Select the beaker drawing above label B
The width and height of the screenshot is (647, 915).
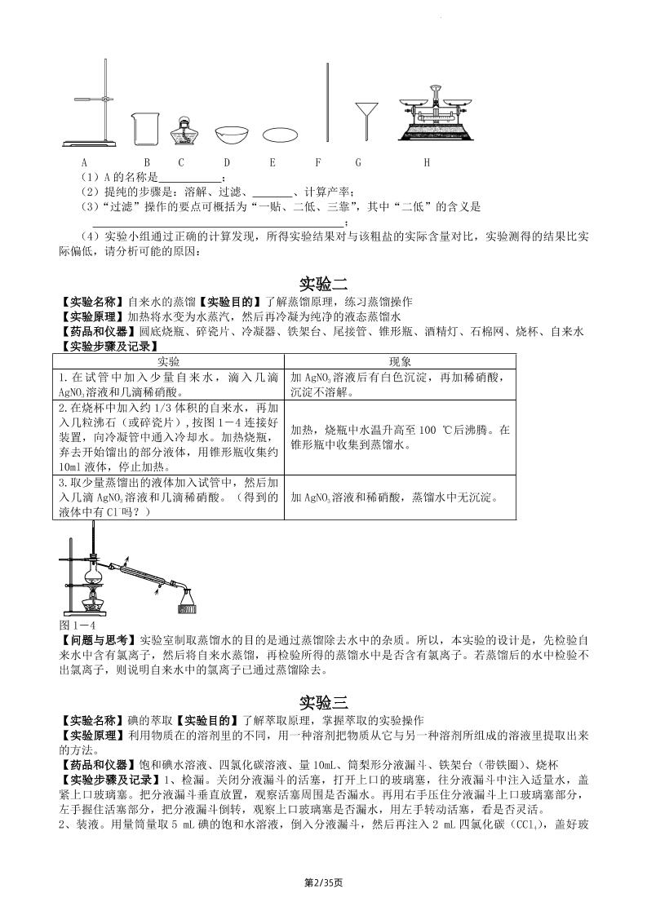pos(144,130)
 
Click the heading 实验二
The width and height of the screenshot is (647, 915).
pos(323,284)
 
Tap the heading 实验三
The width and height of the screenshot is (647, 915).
pos(323,701)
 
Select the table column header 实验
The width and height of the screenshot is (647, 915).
pos(169,360)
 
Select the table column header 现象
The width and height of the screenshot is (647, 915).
pos(400,360)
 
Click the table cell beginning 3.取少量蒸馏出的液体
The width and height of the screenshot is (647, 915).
pos(169,497)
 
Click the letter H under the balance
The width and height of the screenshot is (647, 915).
pos(427,162)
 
